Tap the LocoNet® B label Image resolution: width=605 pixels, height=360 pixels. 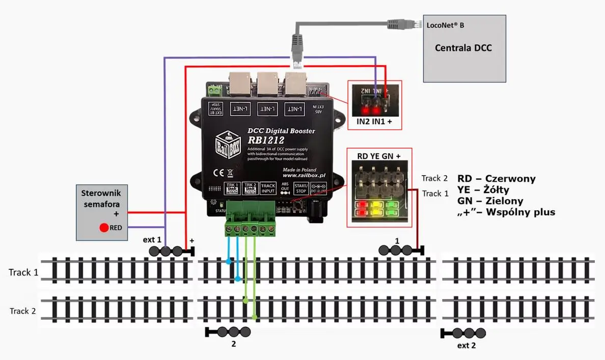click(x=445, y=24)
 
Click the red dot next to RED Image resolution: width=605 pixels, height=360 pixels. click(x=103, y=228)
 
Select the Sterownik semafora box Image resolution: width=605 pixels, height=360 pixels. click(x=102, y=212)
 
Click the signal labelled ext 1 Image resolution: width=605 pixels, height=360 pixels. click(x=171, y=251)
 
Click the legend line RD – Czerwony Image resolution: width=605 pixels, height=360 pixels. click(x=496, y=179)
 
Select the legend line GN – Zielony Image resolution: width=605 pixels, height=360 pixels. click(x=490, y=201)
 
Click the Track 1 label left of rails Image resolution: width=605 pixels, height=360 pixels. click(x=23, y=272)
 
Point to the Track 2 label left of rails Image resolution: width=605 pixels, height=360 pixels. click(x=23, y=311)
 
